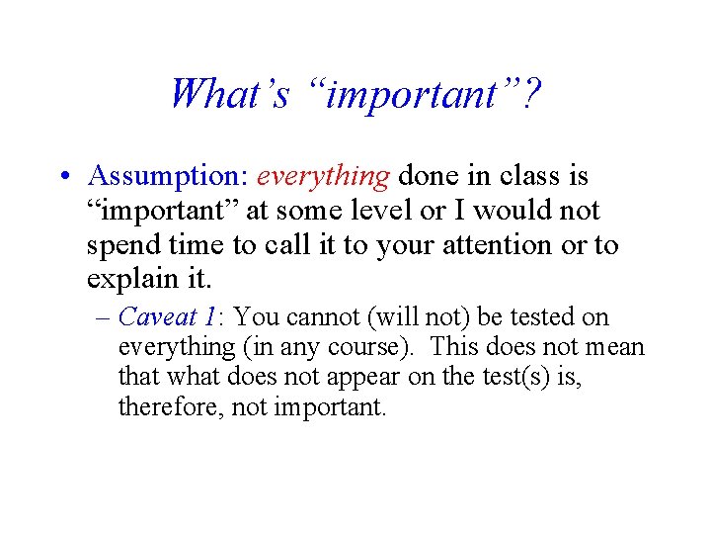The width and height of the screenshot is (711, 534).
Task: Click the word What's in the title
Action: pos(229,94)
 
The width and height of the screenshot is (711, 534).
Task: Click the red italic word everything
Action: pos(324,176)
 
